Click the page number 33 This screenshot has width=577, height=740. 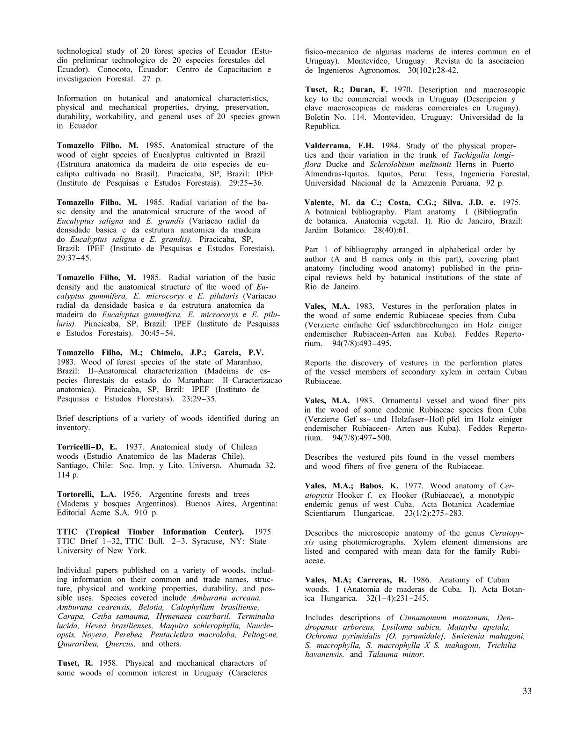tap(526, 691)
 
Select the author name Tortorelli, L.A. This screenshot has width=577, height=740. tap(87, 494)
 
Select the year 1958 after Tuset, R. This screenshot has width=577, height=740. tap(107, 663)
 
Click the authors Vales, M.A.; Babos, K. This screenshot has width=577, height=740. tap(348, 486)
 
